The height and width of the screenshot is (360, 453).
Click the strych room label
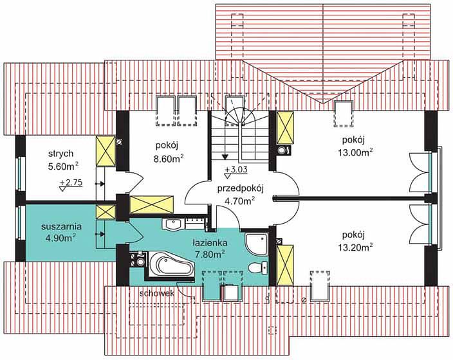click(x=60, y=154)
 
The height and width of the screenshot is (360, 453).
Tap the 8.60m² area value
click(x=169, y=159)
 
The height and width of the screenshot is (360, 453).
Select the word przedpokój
click(x=241, y=189)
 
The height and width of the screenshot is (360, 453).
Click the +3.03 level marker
click(x=236, y=172)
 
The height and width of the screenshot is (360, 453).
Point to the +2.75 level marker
click(x=71, y=184)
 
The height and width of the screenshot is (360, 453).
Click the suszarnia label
click(x=61, y=227)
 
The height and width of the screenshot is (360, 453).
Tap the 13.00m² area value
click(x=355, y=152)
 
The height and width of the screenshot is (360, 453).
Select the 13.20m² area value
click(x=355, y=248)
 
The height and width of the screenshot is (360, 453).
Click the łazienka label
click(x=210, y=243)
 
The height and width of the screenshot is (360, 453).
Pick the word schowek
click(x=156, y=294)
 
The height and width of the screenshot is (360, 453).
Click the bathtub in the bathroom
click(x=171, y=265)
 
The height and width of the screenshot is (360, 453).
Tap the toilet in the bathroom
click(x=259, y=267)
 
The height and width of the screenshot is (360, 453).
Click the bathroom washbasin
click(x=172, y=224)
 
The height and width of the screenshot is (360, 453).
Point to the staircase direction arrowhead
click(x=225, y=156)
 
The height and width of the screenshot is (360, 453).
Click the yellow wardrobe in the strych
click(x=106, y=151)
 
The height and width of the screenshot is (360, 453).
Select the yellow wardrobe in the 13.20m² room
click(x=285, y=265)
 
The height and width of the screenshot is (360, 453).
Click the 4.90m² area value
click(x=61, y=238)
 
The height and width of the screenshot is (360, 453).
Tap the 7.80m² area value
click(x=210, y=255)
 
